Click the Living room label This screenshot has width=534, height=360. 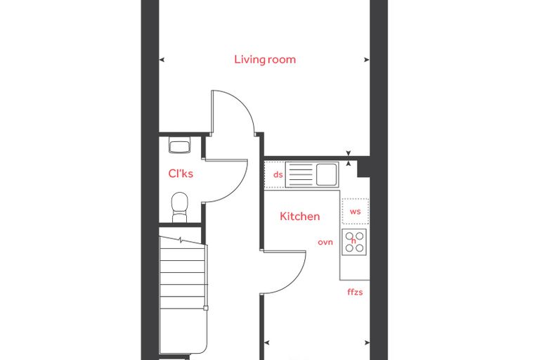point(265,60)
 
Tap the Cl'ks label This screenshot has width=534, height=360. point(181,174)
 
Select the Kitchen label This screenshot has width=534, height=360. point(300,217)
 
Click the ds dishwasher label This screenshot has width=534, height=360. point(278,174)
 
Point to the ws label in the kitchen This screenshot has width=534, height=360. point(356,212)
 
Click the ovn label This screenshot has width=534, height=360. point(325,243)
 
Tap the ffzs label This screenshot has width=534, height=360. point(355,292)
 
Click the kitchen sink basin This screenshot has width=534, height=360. point(327,174)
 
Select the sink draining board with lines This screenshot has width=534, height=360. point(300,174)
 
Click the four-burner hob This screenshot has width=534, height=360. point(354,242)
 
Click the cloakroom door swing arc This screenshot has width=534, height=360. point(235,191)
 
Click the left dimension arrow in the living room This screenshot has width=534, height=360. point(162,60)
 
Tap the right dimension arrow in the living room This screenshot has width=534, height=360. point(367,60)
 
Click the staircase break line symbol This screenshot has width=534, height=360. point(181,240)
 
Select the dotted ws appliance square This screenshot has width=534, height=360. point(356,212)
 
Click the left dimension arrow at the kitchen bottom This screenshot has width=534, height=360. point(267,342)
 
